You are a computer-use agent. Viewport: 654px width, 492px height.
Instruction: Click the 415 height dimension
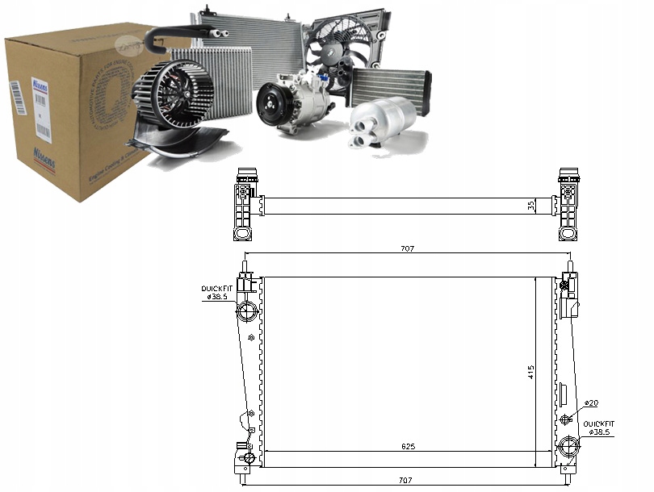point(531,372)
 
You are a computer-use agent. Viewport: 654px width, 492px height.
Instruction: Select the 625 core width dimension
point(407,444)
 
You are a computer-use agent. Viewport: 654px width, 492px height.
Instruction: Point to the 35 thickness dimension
point(531,205)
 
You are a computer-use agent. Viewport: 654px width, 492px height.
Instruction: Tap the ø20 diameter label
point(592,402)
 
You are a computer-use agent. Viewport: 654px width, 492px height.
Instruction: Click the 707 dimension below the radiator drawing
point(407,481)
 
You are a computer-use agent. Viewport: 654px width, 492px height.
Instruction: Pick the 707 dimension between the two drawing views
point(407,249)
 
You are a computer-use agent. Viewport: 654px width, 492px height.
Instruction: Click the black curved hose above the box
point(182,32)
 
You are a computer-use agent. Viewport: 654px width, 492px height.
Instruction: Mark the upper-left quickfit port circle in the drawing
point(247,311)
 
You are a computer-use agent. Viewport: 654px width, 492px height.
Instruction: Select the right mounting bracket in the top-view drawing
point(568,205)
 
